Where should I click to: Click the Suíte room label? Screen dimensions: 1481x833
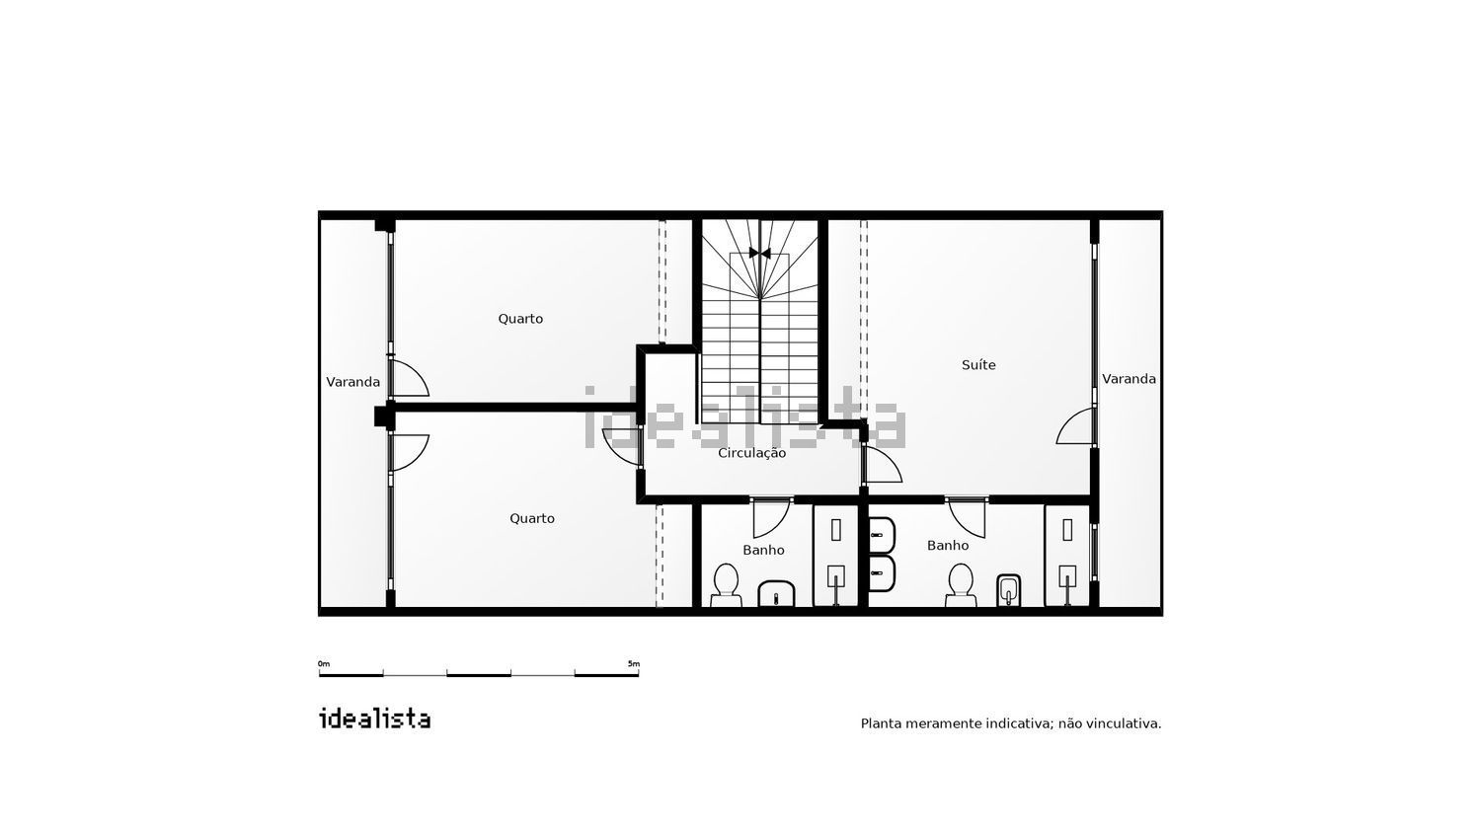tap(978, 364)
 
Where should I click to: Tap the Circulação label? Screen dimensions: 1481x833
tap(751, 454)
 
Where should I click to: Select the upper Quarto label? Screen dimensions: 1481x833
tap(520, 319)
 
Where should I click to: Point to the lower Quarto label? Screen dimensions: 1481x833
tap(531, 518)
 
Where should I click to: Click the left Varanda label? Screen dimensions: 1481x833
tap(353, 382)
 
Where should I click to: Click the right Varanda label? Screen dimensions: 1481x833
tap(1129, 379)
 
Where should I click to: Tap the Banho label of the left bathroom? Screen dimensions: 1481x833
tap(763, 550)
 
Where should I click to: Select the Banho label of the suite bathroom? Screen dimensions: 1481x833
tap(948, 546)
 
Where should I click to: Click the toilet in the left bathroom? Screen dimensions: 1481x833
tap(726, 585)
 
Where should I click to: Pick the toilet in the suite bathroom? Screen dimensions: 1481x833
tap(961, 585)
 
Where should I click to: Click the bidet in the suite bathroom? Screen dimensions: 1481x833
tap(1008, 590)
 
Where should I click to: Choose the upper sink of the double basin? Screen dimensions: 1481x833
tap(882, 534)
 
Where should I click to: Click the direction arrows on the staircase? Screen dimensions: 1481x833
tap(759, 254)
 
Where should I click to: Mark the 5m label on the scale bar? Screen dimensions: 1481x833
tap(634, 663)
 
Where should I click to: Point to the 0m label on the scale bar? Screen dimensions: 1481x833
tap(323, 663)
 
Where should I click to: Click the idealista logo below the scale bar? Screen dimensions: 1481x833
tap(374, 719)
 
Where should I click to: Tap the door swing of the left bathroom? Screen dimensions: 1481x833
tap(771, 518)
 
